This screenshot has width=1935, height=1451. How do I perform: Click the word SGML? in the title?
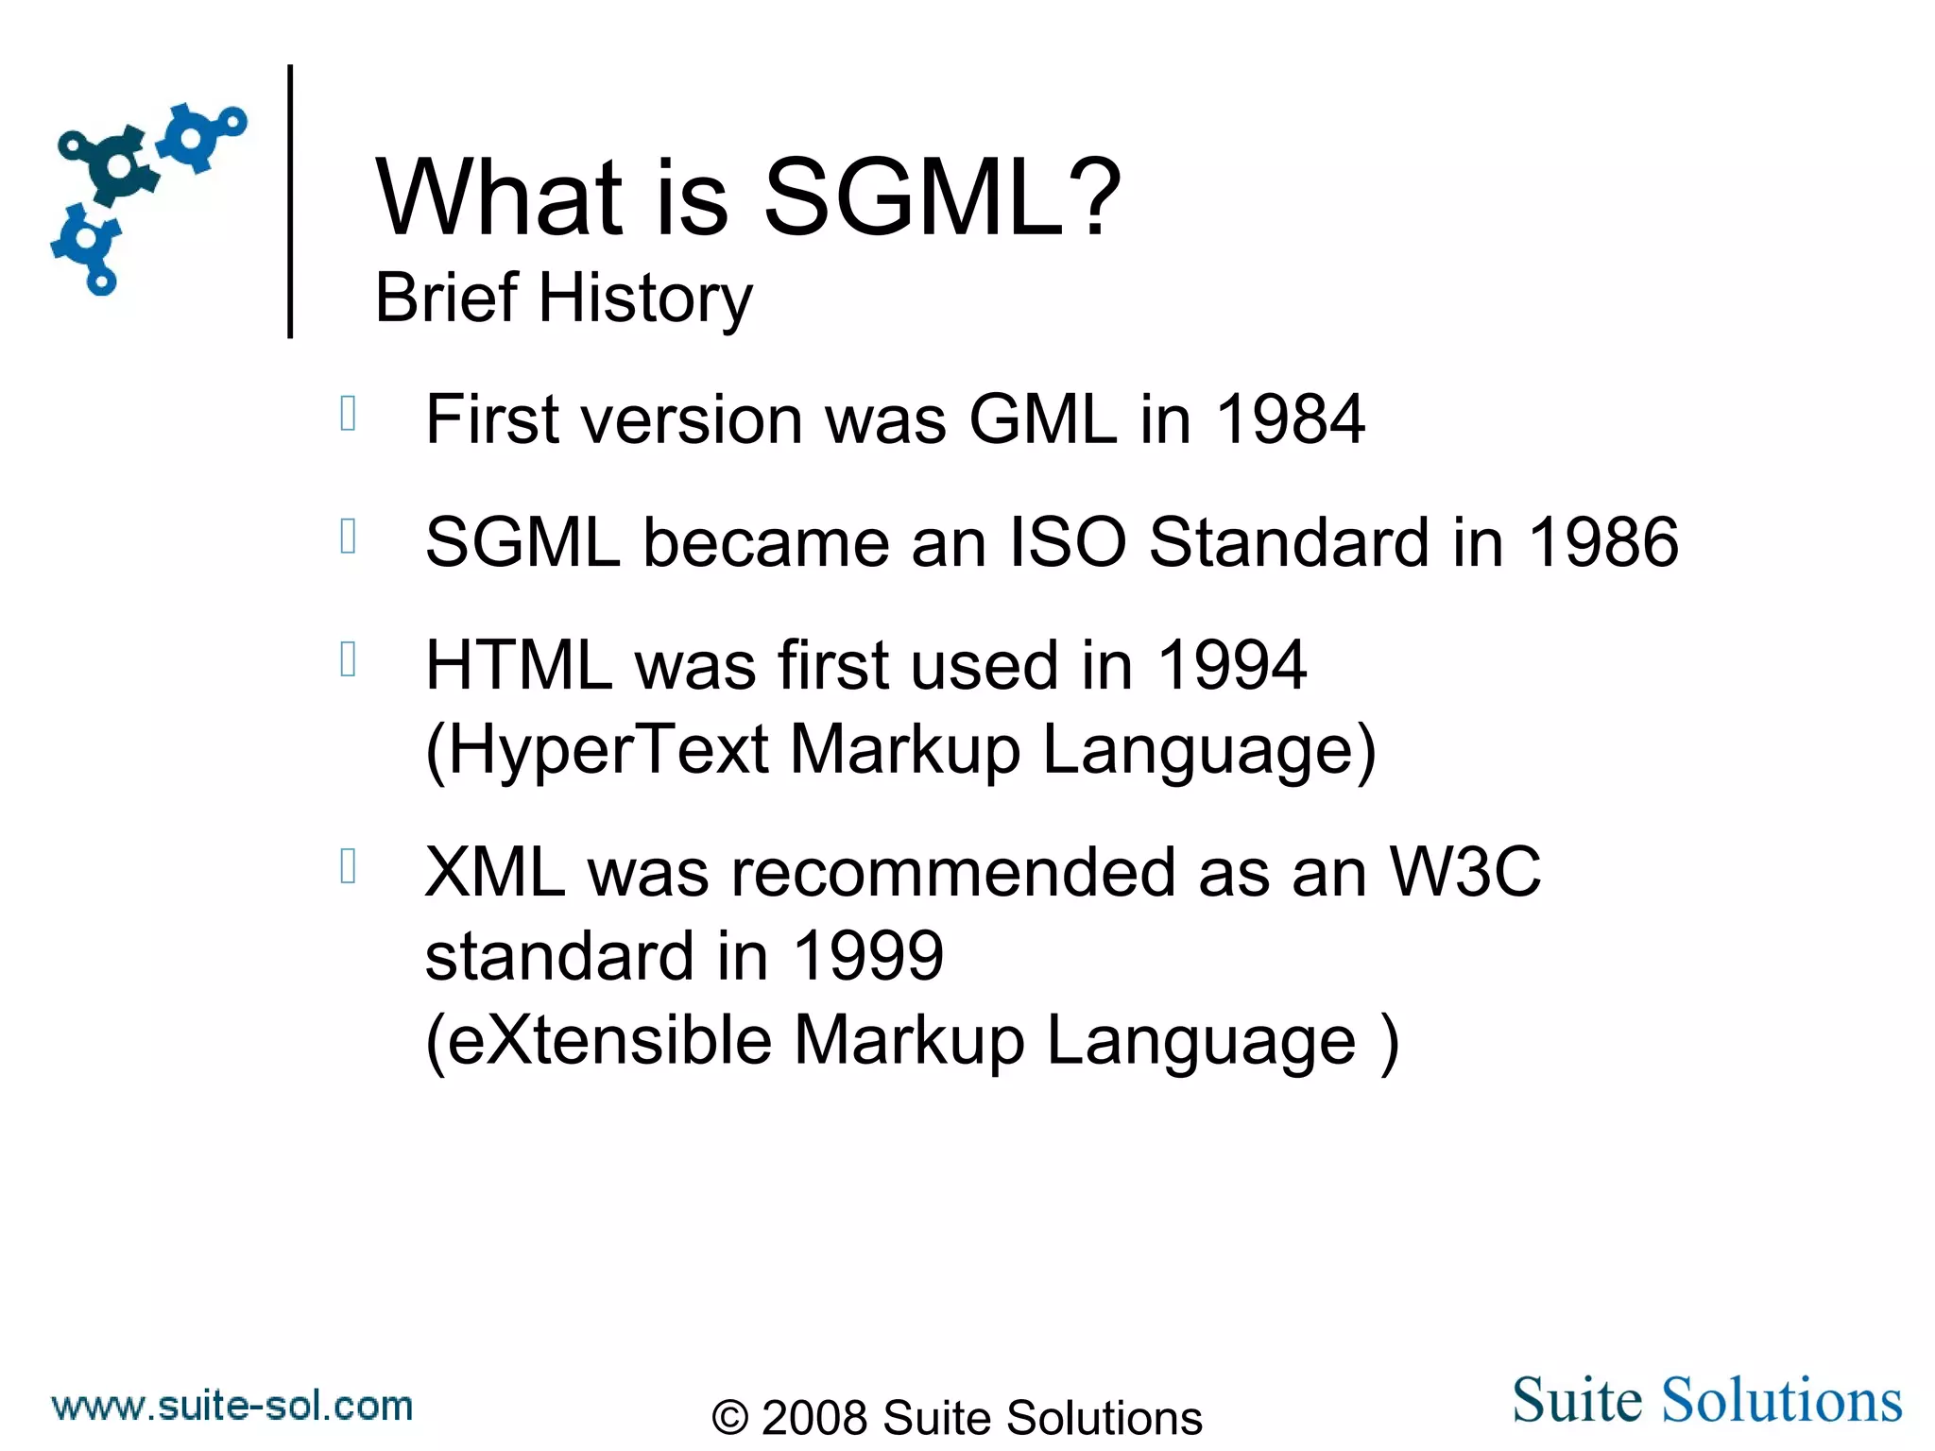tap(941, 198)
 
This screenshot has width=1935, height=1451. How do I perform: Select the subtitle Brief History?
tap(563, 299)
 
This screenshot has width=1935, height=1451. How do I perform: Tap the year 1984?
tap(1290, 419)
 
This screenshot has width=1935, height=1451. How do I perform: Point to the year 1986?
tap(1603, 542)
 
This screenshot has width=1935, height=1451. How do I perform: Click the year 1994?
tap(1231, 665)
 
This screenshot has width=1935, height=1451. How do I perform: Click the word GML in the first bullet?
tap(1043, 419)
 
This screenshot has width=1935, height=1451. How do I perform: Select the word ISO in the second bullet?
tap(1068, 542)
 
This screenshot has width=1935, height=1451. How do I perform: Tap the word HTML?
tap(519, 665)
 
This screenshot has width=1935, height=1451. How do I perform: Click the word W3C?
tap(1465, 872)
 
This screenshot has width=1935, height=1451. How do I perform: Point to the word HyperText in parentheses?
tap(608, 750)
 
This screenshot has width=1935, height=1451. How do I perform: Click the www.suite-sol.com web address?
tap(232, 1407)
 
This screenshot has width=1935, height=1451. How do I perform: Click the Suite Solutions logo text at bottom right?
tap(1706, 1400)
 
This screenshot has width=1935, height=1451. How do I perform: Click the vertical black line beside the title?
tap(290, 200)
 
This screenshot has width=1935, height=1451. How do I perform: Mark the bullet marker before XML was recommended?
tap(348, 865)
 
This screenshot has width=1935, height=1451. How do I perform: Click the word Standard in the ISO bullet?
tap(1289, 542)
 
